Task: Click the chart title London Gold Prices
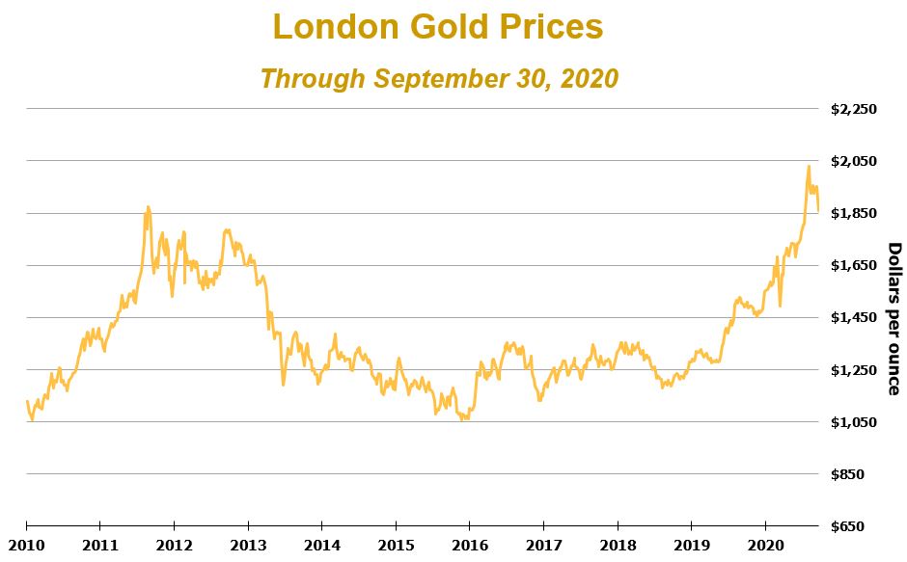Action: pyautogui.click(x=438, y=27)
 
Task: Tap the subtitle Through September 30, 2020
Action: pyautogui.click(x=438, y=78)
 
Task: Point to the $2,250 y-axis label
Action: pyautogui.click(x=853, y=109)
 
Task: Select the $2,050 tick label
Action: pyautogui.click(x=853, y=161)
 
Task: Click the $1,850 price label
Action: pyautogui.click(x=853, y=213)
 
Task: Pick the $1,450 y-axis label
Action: pyautogui.click(x=853, y=317)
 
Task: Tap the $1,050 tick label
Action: pyautogui.click(x=853, y=421)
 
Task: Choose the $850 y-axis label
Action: pyautogui.click(x=859, y=474)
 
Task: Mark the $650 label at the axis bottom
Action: pyautogui.click(x=859, y=526)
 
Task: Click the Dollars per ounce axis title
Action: pyautogui.click(x=893, y=318)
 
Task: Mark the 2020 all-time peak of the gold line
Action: pyautogui.click(x=809, y=167)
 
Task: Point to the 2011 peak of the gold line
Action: pyautogui.click(x=148, y=206)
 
